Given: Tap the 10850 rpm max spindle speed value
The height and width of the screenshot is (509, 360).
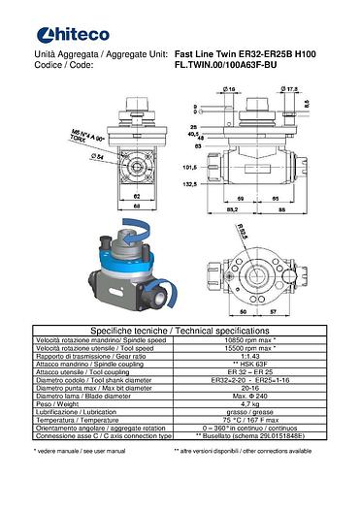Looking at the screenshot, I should coord(257,341).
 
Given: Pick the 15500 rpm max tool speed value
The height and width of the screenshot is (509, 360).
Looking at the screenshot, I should coord(257,349).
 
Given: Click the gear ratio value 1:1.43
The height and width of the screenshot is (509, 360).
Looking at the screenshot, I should coord(257,357).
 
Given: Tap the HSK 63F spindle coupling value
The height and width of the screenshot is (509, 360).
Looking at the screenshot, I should coord(257,365).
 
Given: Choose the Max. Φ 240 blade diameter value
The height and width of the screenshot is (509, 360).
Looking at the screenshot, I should coord(257,395).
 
